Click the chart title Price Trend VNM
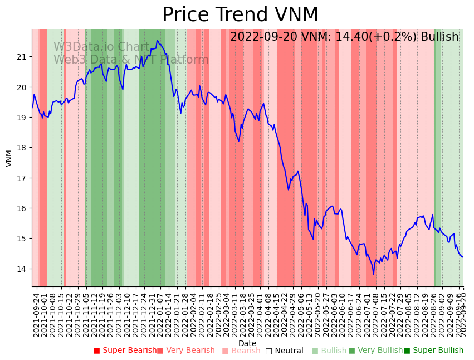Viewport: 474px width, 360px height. (240, 15)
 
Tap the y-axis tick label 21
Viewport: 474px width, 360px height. (22, 57)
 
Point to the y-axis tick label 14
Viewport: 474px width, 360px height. (22, 269)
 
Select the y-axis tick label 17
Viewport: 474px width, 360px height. (22, 178)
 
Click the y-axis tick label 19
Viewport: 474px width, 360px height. (22, 118)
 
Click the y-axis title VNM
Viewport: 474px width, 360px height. (9, 158)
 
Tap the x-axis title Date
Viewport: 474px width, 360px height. (247, 343)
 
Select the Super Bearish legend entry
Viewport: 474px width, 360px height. (125, 351)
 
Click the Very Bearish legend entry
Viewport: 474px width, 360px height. (185, 351)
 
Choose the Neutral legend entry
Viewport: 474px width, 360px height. (285, 351)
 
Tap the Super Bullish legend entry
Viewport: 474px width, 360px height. (434, 351)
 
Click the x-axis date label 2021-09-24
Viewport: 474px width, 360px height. (37, 315)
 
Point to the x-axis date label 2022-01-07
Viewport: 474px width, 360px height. (160, 315)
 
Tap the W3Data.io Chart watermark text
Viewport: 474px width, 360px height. (101, 47)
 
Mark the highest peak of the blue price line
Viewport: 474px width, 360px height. (157, 40)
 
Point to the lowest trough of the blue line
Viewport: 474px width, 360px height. (374, 274)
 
